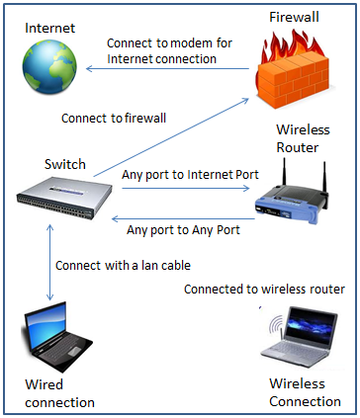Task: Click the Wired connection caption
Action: (59, 393)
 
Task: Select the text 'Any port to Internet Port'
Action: (190, 175)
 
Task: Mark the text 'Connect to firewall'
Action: (114, 118)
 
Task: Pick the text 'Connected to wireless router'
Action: (264, 289)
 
